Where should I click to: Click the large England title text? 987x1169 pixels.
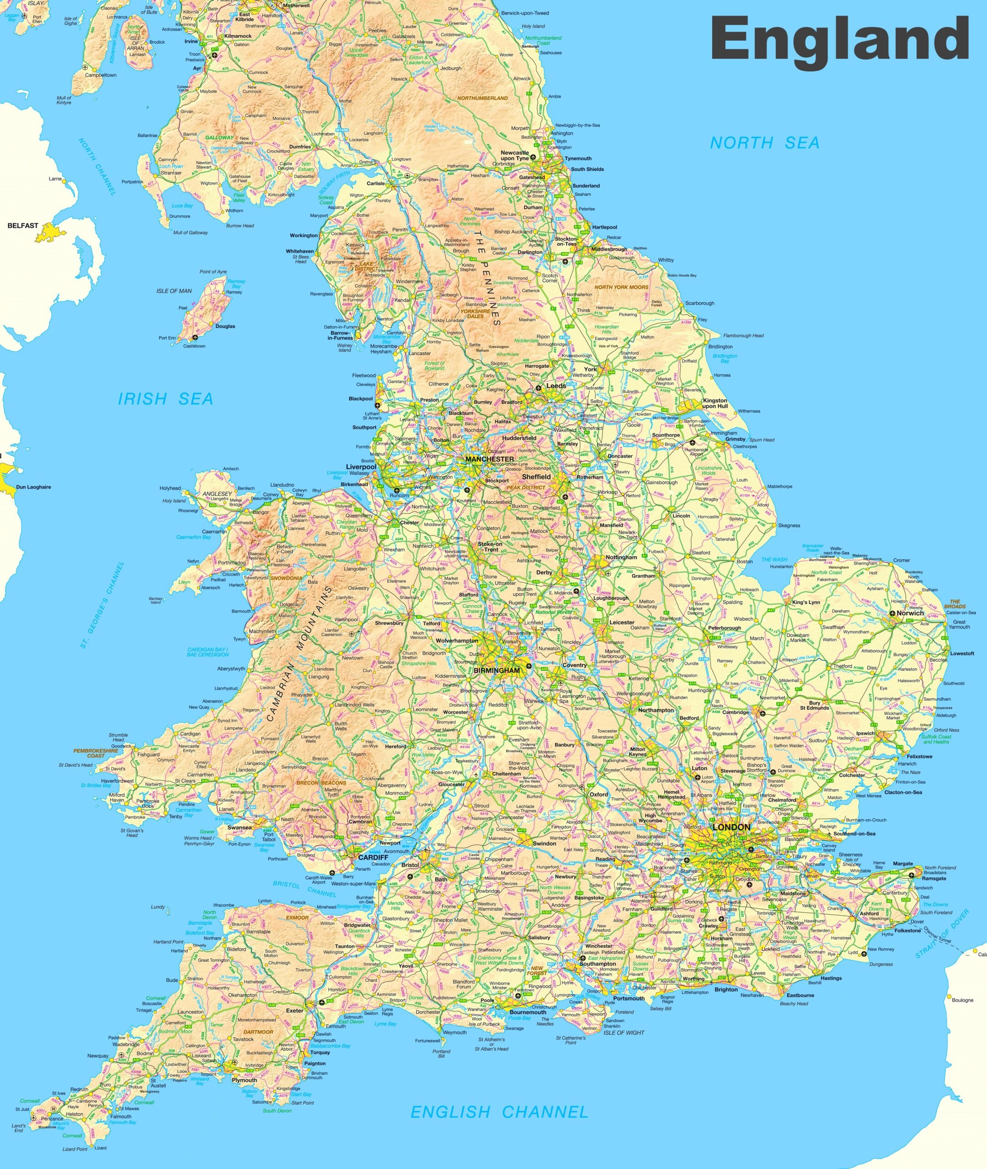click(839, 38)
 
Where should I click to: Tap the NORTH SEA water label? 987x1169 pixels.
click(764, 143)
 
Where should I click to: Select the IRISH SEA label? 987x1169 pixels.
click(165, 399)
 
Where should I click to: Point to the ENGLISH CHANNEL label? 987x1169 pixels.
click(499, 1112)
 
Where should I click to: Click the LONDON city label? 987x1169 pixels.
click(731, 827)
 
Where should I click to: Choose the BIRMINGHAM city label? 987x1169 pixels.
click(497, 670)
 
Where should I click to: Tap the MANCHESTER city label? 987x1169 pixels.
click(490, 458)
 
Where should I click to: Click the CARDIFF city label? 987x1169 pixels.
click(373, 857)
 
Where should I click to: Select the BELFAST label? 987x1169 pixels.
click(23, 226)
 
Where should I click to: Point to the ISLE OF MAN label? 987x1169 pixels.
click(174, 291)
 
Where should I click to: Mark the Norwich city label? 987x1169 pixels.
click(910, 613)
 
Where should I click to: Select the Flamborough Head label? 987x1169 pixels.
click(743, 336)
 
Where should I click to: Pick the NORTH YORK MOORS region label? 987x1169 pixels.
click(621, 287)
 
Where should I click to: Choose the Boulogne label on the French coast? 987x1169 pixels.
click(962, 1000)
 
